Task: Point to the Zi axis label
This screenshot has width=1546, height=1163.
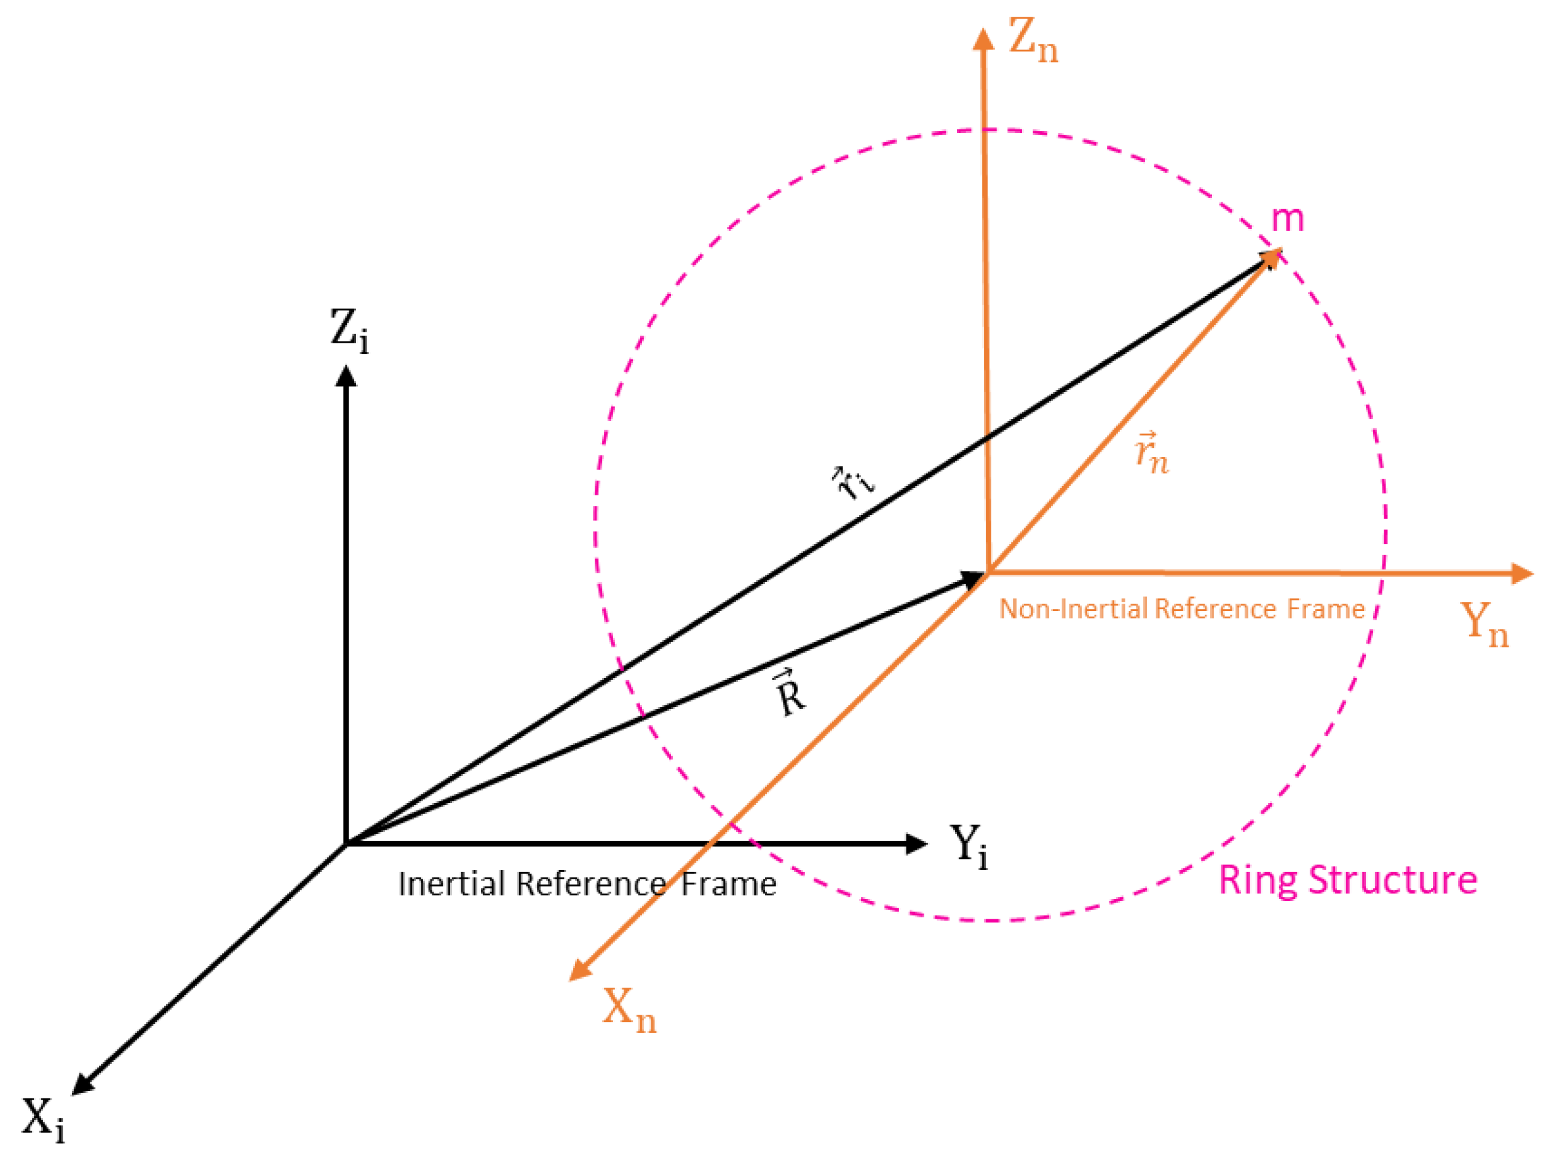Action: (x=349, y=330)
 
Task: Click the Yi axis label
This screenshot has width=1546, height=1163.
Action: (x=969, y=846)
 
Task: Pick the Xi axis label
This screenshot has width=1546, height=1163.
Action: (x=43, y=1118)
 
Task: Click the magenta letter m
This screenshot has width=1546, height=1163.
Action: (x=1286, y=219)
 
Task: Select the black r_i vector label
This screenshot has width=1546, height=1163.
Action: (x=853, y=482)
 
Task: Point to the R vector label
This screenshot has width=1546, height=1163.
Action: (x=790, y=693)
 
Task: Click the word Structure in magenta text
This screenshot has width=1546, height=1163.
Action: (x=1393, y=879)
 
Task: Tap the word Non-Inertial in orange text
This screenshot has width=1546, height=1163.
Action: (x=1076, y=609)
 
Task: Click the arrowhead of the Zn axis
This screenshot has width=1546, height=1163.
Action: (x=983, y=40)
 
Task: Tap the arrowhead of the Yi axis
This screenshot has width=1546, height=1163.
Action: (x=916, y=844)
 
